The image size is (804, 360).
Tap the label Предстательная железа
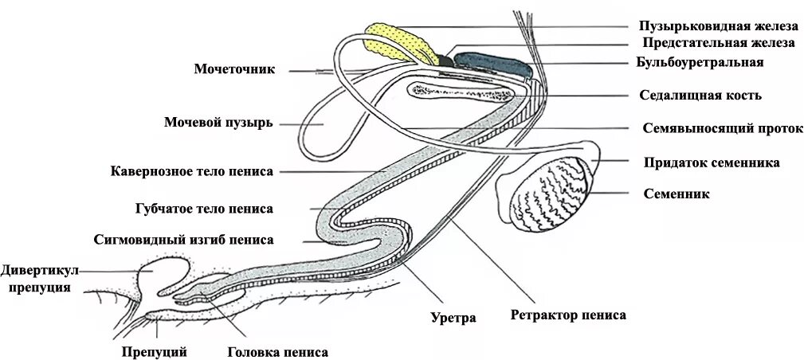click(718, 43)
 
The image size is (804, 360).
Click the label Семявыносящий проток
click(722, 128)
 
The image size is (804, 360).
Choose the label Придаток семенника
click(712, 162)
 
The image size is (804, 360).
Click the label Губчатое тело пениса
click(205, 209)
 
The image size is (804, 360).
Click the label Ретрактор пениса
click(568, 315)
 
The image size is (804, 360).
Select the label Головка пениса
click(277, 351)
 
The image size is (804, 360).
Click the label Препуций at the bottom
click(155, 351)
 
